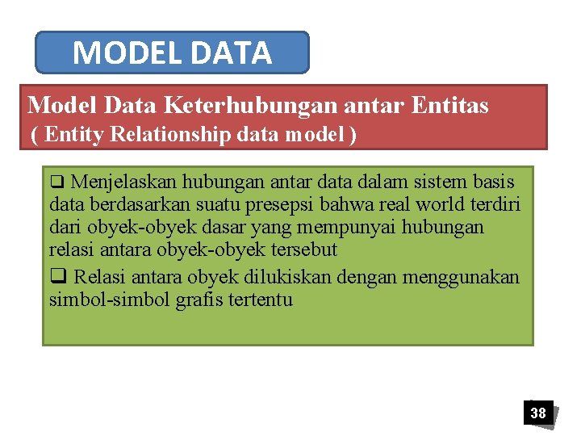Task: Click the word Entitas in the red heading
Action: (x=449, y=105)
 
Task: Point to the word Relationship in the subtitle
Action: (x=171, y=134)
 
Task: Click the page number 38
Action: (x=537, y=413)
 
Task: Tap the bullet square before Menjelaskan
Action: (x=55, y=179)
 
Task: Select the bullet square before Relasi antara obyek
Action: (x=56, y=277)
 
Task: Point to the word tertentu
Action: (x=261, y=300)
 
